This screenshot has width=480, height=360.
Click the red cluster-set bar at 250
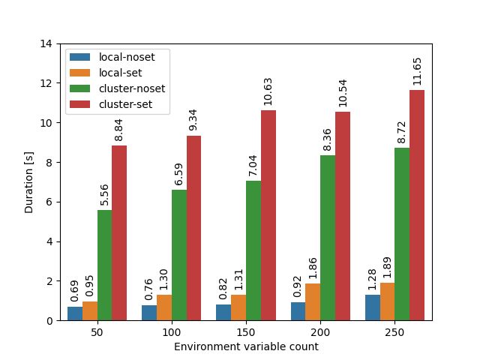point(417,205)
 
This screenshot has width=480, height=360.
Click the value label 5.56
point(105,194)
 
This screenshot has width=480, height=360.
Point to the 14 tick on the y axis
point(46,43)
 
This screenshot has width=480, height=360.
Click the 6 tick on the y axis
point(49,202)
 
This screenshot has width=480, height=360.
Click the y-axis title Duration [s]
point(29,182)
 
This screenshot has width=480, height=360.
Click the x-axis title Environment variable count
point(246,347)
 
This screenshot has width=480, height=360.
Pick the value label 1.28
point(373,279)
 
